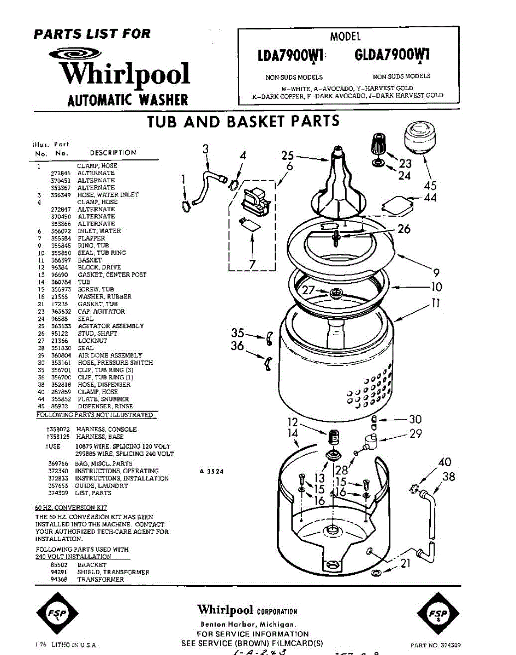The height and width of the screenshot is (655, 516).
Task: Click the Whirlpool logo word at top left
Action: coord(124,75)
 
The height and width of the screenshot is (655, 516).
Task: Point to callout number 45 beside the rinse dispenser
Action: coord(430,186)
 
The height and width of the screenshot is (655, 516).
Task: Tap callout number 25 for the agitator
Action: coord(288,156)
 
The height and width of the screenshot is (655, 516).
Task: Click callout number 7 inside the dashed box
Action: coord(252,265)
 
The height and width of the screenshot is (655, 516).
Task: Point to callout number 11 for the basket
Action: coord(435,303)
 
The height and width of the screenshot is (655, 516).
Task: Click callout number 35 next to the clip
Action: coord(238,333)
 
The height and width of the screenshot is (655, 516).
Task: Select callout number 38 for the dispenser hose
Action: coord(448,477)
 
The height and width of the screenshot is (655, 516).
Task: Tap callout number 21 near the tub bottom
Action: coord(405,563)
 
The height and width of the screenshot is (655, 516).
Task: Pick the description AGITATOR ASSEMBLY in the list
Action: coord(110,326)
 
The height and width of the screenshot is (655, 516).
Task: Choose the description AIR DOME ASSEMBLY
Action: coord(110,355)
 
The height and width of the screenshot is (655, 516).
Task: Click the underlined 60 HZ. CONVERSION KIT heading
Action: coord(71,508)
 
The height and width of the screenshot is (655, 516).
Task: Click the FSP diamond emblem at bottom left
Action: coord(57,615)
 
